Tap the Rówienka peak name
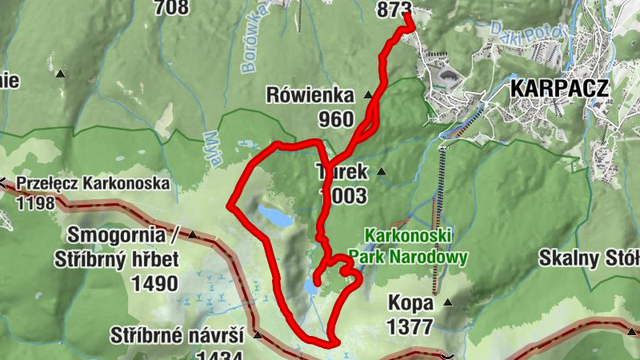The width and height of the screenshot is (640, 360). (x=310, y=97)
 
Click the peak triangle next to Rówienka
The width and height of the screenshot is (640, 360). (x=368, y=93)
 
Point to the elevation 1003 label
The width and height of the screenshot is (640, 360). (x=344, y=196)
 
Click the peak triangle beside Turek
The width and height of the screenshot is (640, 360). (x=382, y=170)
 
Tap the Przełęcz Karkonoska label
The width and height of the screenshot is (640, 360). (x=92, y=183)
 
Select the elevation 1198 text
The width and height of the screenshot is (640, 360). (x=35, y=202)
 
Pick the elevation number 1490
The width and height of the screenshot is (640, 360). (x=155, y=284)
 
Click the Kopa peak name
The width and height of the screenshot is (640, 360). (x=411, y=303)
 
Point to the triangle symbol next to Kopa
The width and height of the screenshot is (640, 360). (x=448, y=302)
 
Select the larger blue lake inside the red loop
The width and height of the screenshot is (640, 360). (x=273, y=215)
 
